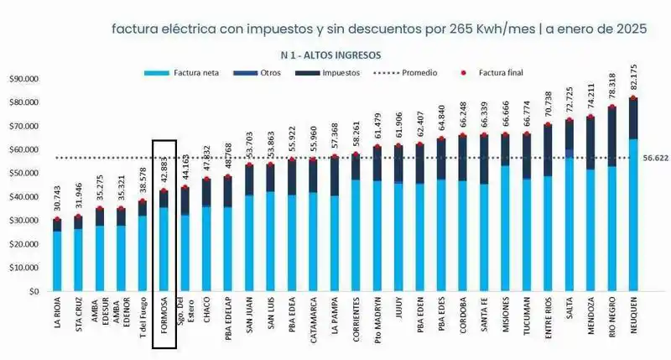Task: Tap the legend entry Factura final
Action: point(495,73)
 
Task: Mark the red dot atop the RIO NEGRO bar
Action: point(611,107)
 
